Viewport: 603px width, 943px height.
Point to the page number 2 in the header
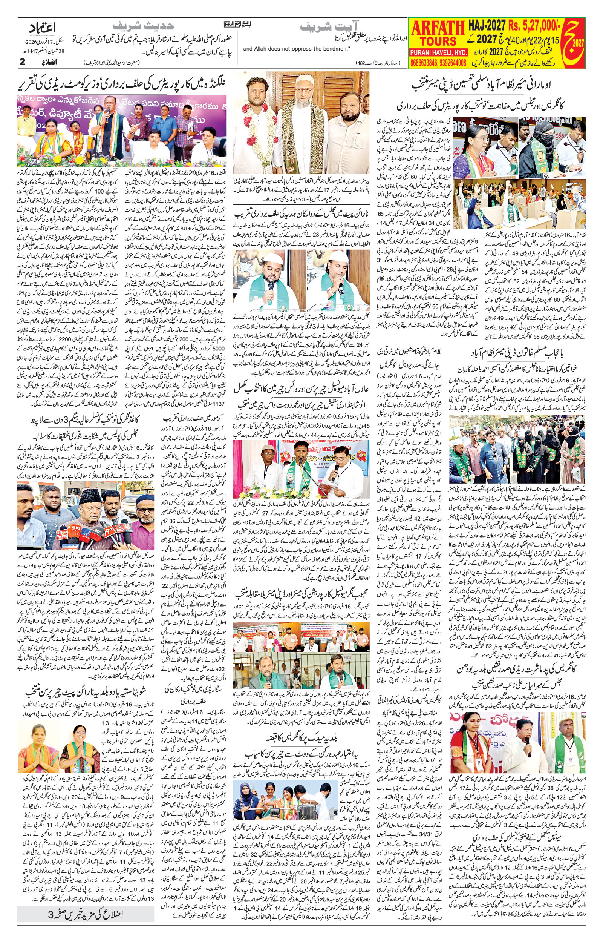coord(22,62)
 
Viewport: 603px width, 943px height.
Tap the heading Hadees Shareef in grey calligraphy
coord(143,27)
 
